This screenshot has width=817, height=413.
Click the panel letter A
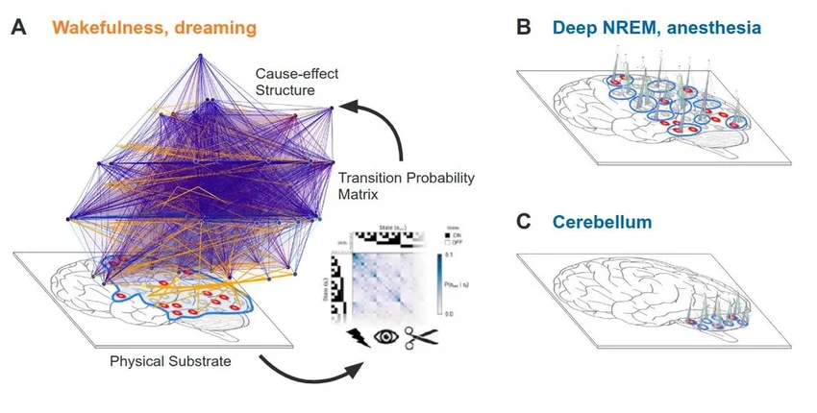pos(18,27)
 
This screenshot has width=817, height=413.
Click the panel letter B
pos(525,27)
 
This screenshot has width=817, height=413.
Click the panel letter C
pos(524,221)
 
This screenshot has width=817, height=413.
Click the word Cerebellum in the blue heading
pos(602,222)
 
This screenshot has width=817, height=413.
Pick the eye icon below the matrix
pos(385,338)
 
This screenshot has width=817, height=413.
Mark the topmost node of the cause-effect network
pos(202,58)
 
